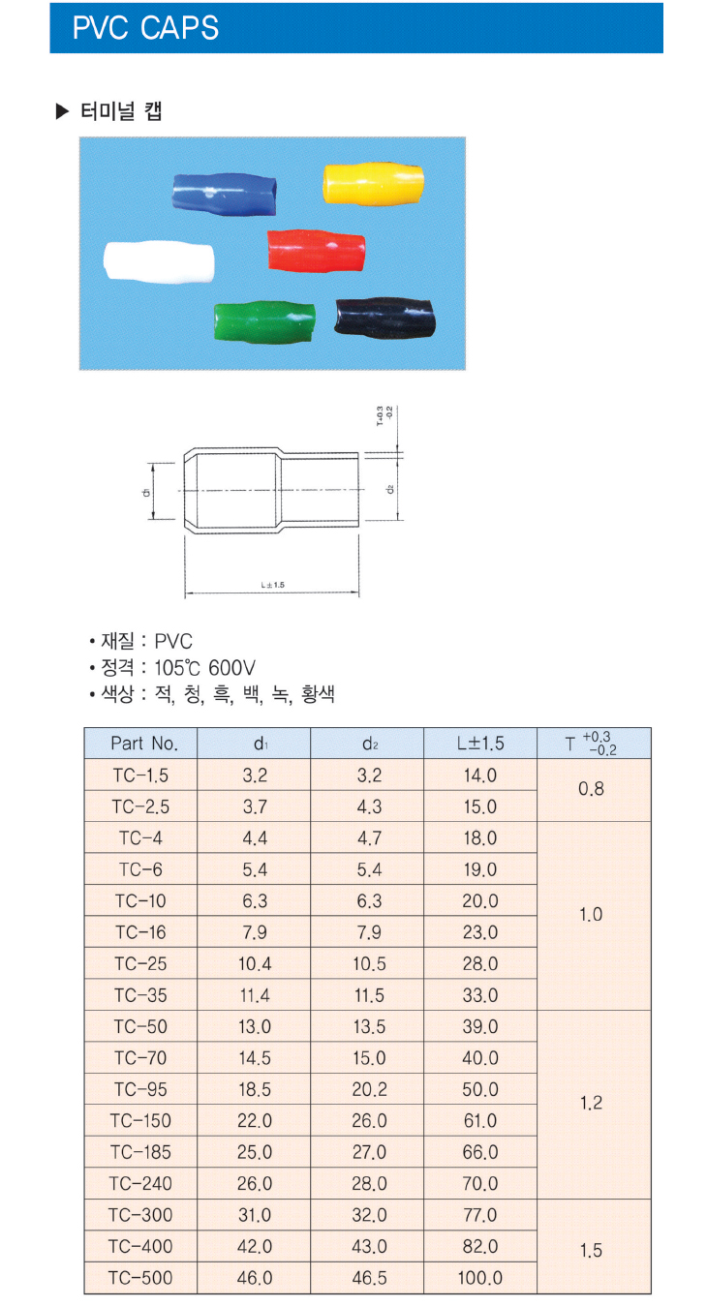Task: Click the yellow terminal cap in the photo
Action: point(373,184)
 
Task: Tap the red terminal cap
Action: point(316,251)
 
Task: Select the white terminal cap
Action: point(158,261)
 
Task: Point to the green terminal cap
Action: point(263,321)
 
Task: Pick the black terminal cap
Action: point(384,318)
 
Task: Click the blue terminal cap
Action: point(224,194)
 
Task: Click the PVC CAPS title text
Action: point(145,28)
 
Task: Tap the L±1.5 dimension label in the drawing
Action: point(273,585)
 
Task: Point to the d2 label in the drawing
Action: point(390,489)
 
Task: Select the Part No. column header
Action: point(144,744)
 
